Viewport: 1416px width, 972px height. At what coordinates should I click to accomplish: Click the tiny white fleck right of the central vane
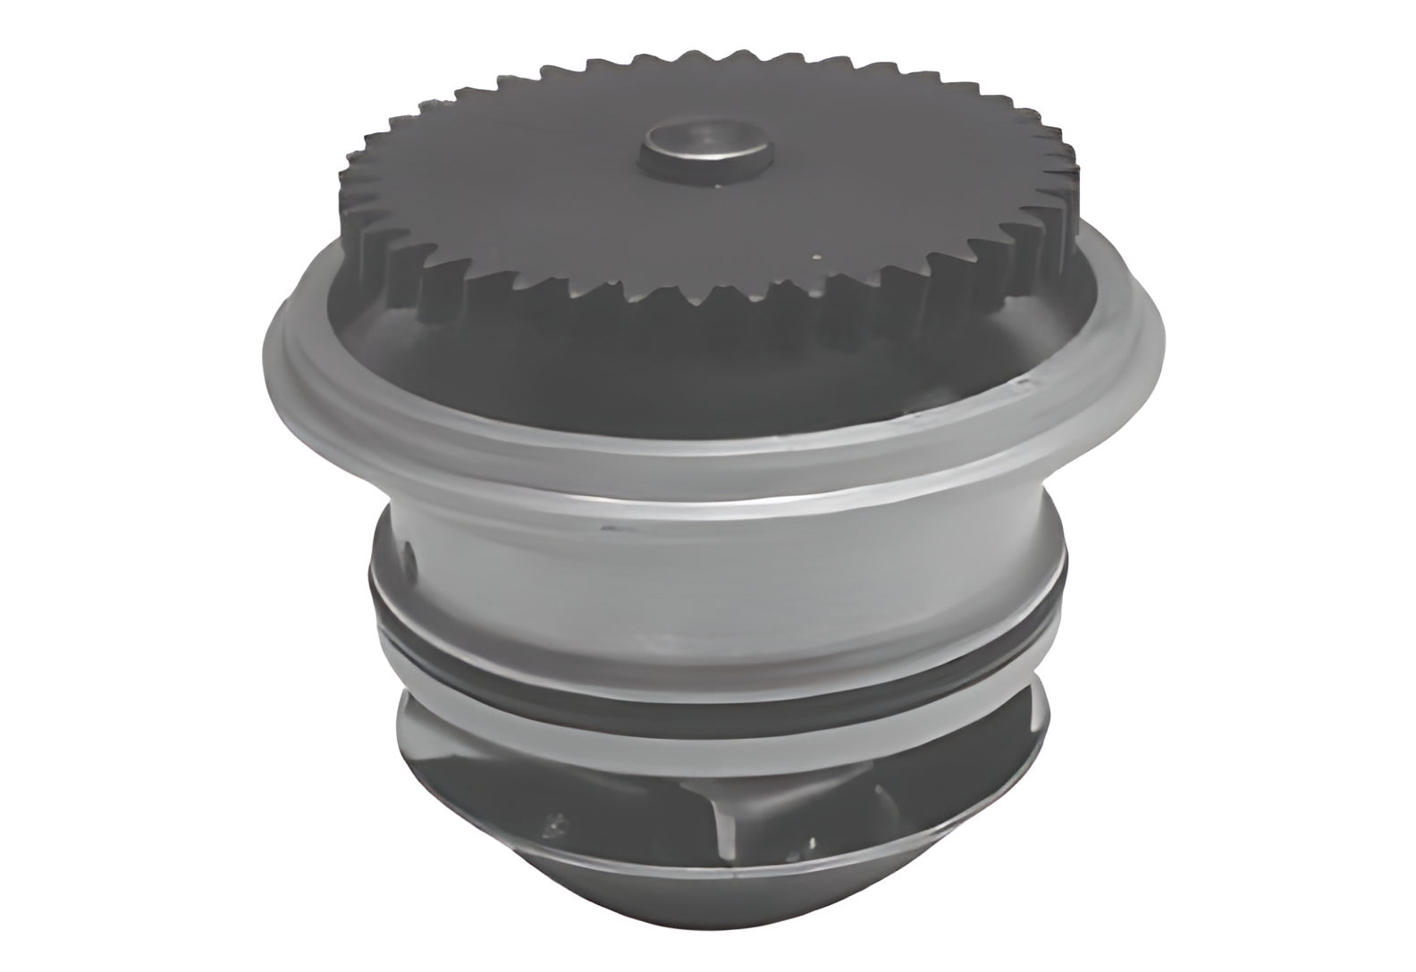[811, 839]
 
